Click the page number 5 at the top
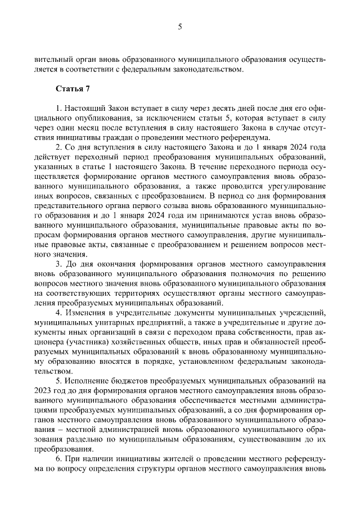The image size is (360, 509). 180,26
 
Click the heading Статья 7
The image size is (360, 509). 73,88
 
